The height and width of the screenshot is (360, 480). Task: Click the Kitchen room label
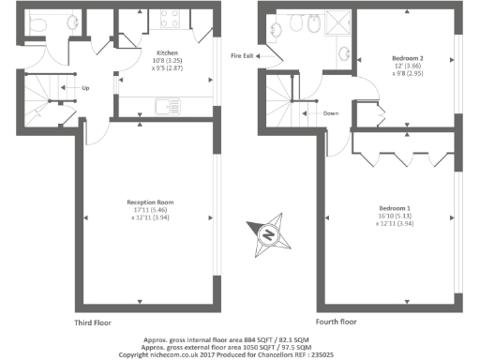pyautogui.click(x=154, y=53)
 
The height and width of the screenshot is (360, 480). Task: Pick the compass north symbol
pyautogui.click(x=271, y=233)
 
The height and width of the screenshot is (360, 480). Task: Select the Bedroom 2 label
pyautogui.click(x=408, y=58)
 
